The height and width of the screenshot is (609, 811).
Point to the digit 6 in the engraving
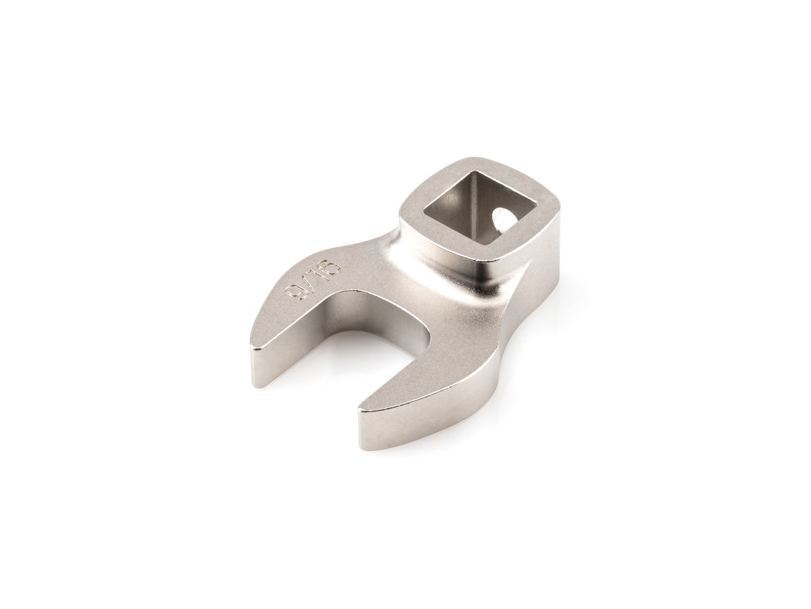pyautogui.click(x=330, y=265)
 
